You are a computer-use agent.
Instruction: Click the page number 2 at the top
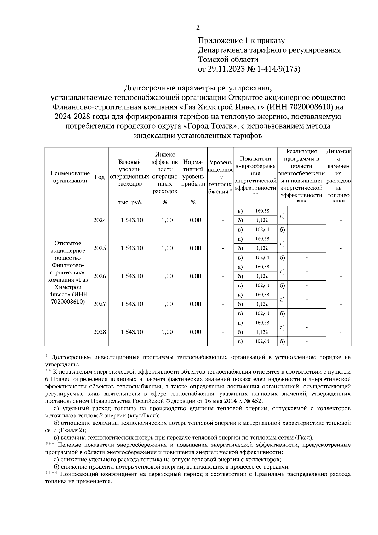pos(198,27)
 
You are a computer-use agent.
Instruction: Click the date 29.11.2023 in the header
pos(225,69)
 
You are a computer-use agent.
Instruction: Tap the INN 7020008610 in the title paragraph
pos(311,107)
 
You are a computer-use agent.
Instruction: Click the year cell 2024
pos(100,220)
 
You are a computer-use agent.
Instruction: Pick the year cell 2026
pos(100,276)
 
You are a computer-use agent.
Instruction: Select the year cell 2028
pos(100,332)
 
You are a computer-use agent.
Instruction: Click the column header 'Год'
pos(100,177)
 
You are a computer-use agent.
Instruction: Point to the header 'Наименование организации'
pos(68,177)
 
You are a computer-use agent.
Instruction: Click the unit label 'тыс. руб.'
pos(130,203)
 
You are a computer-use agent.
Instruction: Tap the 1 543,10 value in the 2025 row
pos(132,248)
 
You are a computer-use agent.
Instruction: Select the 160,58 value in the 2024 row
pos(262,211)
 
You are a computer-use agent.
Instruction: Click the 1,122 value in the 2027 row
pos(262,304)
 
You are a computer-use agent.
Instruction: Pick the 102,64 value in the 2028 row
pos(262,341)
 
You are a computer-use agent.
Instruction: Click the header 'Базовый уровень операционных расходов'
pos(129,173)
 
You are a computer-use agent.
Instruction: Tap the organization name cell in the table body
pos(68,273)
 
